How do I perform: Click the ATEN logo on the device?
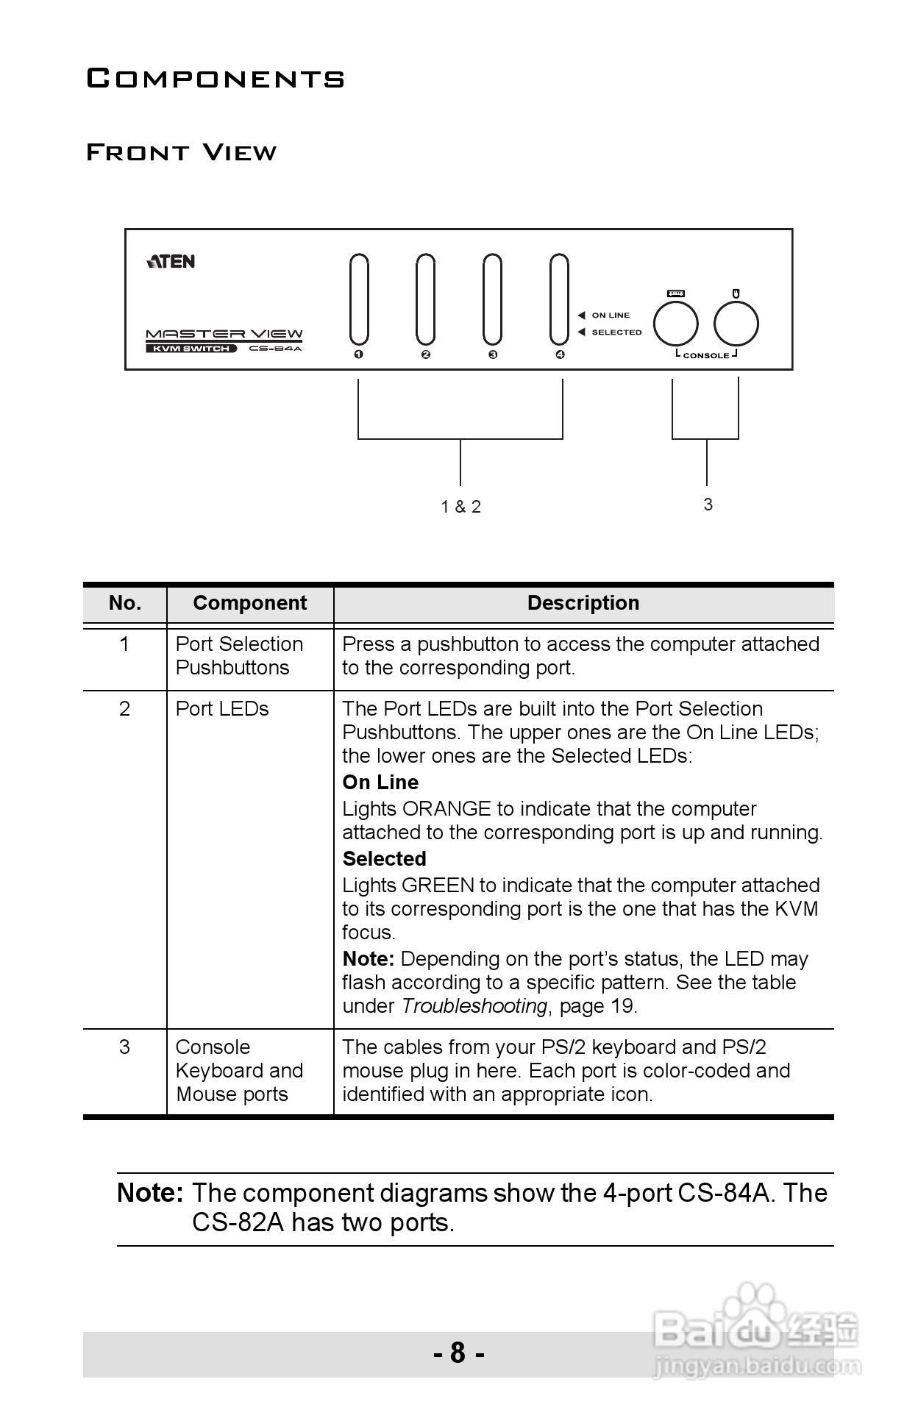click(x=171, y=262)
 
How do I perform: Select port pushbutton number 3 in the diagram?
click(x=492, y=299)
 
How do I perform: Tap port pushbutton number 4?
click(x=559, y=299)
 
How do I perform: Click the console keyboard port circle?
click(x=675, y=324)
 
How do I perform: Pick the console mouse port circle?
click(x=736, y=324)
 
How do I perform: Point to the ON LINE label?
click(x=611, y=316)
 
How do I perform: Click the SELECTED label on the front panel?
click(x=616, y=332)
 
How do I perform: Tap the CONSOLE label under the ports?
click(x=706, y=356)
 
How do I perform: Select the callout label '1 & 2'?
click(x=461, y=507)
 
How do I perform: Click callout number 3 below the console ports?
click(x=708, y=505)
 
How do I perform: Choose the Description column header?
click(x=583, y=603)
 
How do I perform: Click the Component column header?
click(x=249, y=603)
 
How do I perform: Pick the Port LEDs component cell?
click(x=222, y=709)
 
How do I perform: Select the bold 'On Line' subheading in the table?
click(x=380, y=783)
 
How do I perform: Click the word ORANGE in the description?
click(x=446, y=809)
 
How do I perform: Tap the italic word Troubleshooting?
click(x=474, y=1006)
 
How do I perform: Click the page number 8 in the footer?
click(x=458, y=1353)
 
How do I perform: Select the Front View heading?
click(x=182, y=153)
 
